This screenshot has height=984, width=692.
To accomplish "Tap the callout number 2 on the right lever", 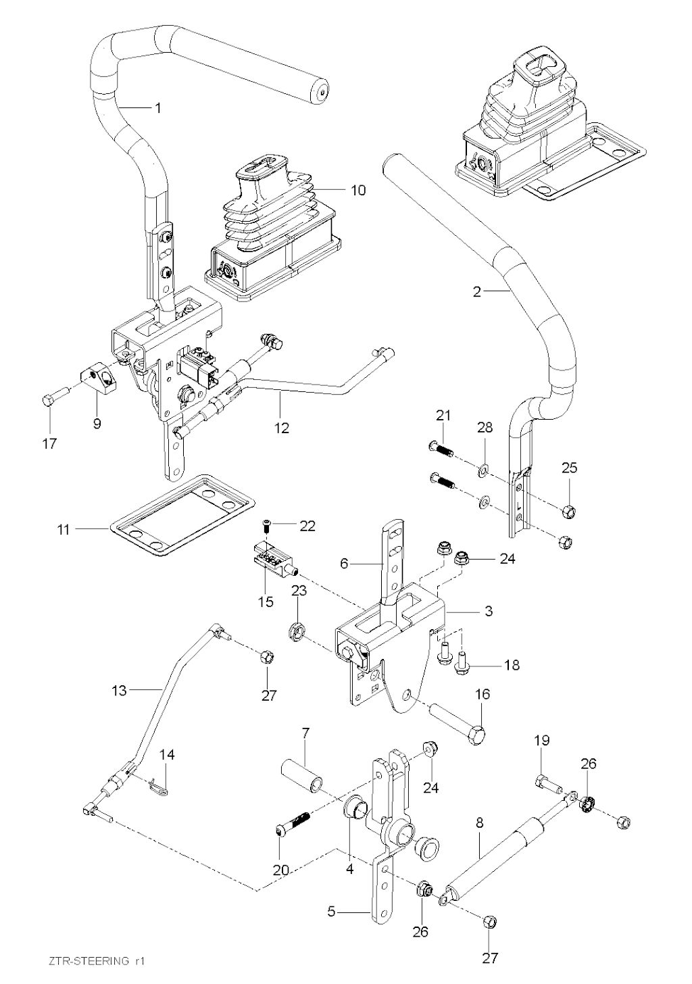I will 477,292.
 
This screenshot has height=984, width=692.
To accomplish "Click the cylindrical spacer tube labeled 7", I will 305,774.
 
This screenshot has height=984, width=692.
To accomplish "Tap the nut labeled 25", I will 569,509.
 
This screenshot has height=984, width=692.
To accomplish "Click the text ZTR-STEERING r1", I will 98,960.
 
